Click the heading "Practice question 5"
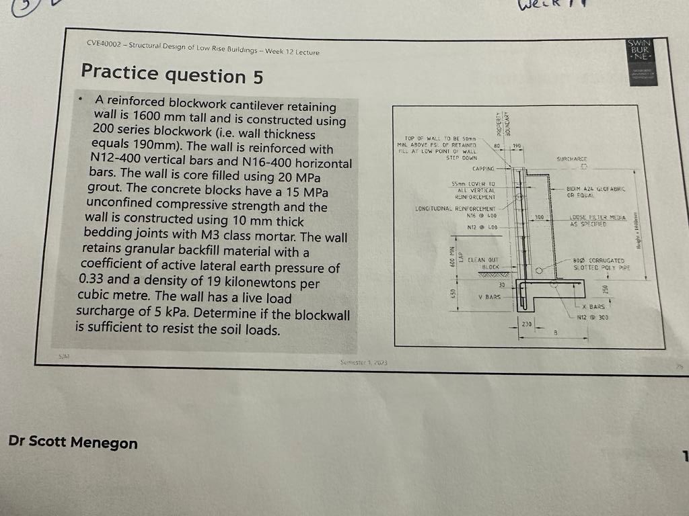pos(172,73)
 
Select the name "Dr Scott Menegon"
pos(73,442)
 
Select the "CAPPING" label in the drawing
pos(484,169)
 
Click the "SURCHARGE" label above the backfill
pos(572,159)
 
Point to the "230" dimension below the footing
pos(526,324)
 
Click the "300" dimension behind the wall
pos(539,217)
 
